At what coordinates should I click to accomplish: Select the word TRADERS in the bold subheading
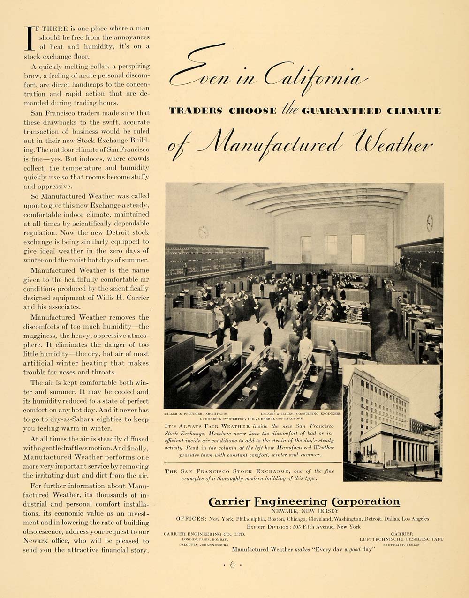[196, 111]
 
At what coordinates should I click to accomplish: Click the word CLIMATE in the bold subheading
[416, 111]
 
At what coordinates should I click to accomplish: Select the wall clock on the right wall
[430, 223]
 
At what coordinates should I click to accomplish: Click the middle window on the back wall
[331, 249]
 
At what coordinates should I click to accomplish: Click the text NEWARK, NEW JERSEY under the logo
[304, 511]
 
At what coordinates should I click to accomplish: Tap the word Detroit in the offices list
[371, 519]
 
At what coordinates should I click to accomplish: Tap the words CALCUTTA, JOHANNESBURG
[195, 546]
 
